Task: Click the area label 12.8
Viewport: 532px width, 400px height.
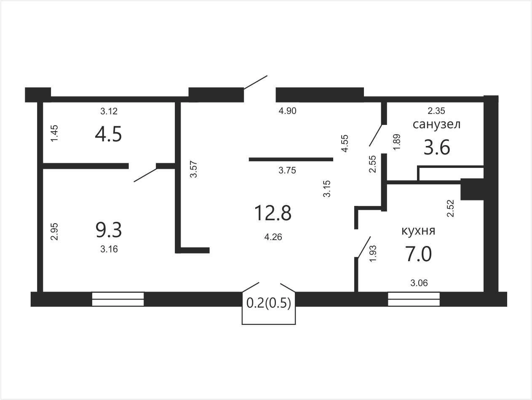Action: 273,213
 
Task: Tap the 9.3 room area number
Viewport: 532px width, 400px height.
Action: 109,230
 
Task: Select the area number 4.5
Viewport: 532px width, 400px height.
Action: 108,135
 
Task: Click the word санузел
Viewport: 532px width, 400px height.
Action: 436,124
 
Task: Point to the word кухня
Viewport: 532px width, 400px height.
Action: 419,231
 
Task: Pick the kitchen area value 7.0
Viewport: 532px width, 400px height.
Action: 419,254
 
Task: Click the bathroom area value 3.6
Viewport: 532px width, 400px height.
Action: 437,147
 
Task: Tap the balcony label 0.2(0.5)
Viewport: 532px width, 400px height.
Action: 269,303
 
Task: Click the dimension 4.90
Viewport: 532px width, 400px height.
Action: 287,111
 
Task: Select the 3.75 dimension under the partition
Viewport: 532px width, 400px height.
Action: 287,170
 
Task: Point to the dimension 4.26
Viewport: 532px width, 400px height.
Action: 273,237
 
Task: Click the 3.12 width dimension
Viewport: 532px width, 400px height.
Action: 109,111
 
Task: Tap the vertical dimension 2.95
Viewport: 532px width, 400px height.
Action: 54,232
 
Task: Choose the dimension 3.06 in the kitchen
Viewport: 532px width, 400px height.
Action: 419,283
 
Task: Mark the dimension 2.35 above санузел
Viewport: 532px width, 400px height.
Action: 436,111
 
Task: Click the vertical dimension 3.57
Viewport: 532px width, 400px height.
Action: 193,169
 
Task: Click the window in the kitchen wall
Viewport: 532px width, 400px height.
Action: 414,299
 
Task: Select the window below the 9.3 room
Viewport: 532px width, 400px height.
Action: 118,299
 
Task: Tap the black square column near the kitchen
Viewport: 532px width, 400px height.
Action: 472,189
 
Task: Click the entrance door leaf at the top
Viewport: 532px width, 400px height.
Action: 255,82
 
